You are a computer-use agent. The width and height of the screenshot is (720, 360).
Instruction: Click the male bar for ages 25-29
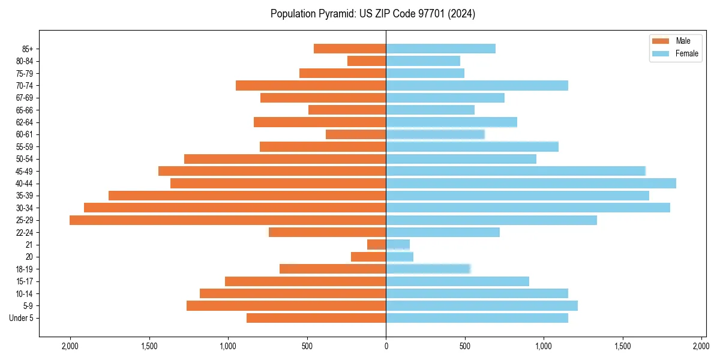click(x=228, y=220)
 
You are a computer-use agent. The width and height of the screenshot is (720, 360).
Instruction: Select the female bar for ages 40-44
click(x=531, y=183)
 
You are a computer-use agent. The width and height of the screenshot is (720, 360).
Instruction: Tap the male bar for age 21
click(x=377, y=245)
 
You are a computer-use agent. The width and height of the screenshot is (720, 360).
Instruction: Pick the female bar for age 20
click(x=400, y=257)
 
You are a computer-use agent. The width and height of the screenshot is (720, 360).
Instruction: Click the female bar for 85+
click(x=440, y=49)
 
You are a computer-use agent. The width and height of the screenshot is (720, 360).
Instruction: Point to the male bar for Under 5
click(x=316, y=318)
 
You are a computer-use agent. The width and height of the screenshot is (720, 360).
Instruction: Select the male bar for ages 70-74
click(x=311, y=85)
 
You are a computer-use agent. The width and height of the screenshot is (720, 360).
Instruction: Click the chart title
click(x=373, y=14)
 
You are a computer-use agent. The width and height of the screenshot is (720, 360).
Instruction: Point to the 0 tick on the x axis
click(x=386, y=346)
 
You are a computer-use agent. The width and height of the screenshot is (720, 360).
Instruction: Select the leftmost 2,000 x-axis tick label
click(x=70, y=346)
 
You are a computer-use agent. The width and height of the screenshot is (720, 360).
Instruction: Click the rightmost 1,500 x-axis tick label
click(x=623, y=346)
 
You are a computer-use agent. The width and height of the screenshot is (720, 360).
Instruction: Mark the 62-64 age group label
click(x=25, y=122)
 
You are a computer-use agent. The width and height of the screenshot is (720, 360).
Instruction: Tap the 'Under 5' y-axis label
click(x=22, y=318)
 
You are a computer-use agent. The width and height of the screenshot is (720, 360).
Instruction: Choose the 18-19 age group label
click(x=25, y=269)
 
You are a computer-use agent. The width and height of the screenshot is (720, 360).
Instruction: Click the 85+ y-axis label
click(x=28, y=49)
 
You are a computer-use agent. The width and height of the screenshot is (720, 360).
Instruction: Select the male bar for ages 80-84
click(x=367, y=61)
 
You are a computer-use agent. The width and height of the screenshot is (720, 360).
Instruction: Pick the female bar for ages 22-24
click(x=443, y=232)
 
